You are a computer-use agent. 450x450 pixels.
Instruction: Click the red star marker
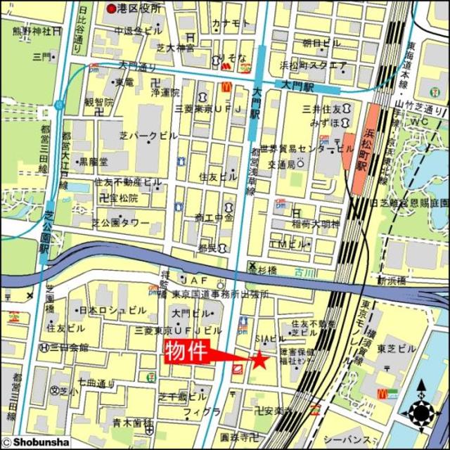(x=260, y=360)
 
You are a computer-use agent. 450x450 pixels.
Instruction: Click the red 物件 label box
(x=188, y=351)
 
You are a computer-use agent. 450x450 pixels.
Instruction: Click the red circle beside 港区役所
(x=112, y=8)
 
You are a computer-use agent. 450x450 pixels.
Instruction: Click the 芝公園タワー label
(x=121, y=223)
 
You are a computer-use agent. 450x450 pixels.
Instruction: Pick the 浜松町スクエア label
(x=313, y=65)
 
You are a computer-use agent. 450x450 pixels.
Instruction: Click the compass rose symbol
(x=421, y=408)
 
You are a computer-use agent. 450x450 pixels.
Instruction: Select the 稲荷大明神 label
(x=316, y=225)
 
